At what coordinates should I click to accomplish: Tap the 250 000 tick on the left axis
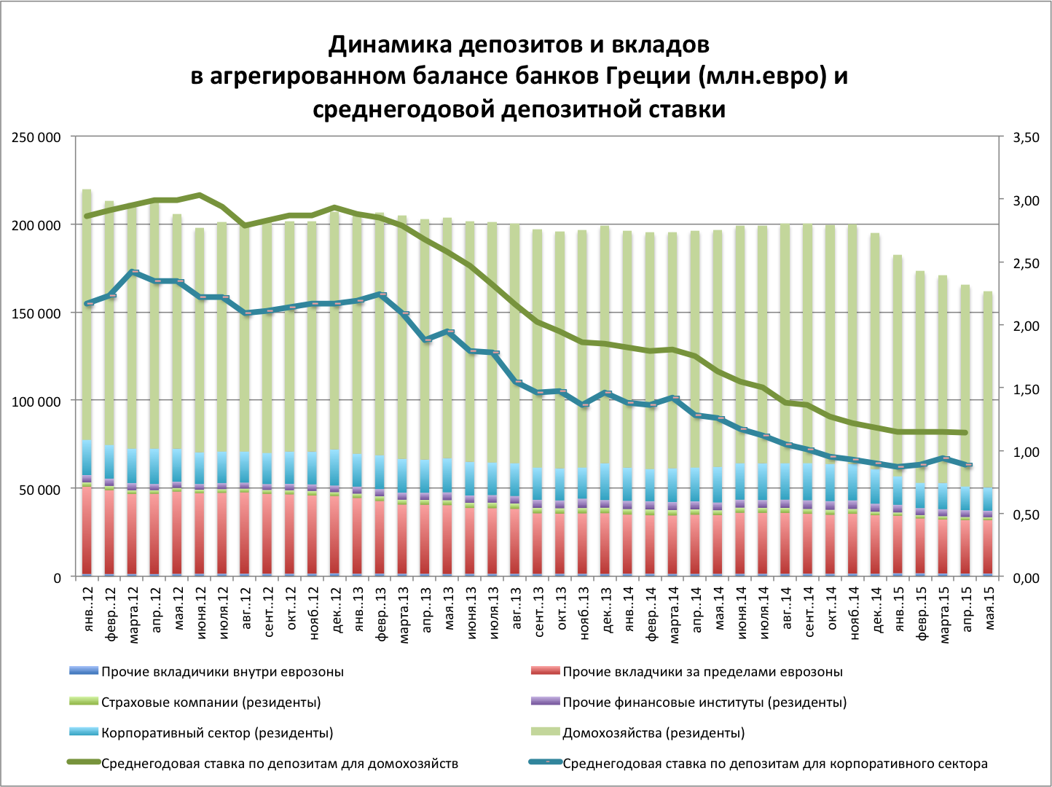(x=36, y=137)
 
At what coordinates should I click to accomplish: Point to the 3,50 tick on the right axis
(x=1026, y=137)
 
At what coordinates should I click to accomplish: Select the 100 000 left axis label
(x=36, y=402)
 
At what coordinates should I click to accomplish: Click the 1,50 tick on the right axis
(x=1026, y=389)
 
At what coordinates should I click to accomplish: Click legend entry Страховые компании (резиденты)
(x=211, y=702)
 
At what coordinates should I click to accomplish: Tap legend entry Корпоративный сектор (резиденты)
(x=216, y=733)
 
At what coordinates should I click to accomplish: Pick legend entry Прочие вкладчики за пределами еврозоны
(x=702, y=672)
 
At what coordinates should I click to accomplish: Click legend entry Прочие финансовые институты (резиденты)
(x=704, y=702)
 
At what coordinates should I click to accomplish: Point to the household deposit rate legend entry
(x=280, y=764)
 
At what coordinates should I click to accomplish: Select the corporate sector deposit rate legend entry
(x=775, y=764)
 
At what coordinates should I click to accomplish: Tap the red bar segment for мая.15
(x=988, y=547)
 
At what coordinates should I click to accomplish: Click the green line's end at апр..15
(x=966, y=433)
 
